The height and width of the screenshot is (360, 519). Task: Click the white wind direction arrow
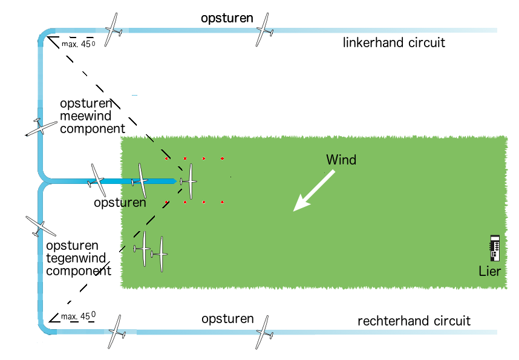click(314, 191)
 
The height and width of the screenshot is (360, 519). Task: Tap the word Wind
click(341, 160)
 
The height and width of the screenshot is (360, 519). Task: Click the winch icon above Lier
click(495, 248)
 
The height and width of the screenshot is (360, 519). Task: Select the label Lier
click(489, 271)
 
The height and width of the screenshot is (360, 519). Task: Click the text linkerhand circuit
click(394, 43)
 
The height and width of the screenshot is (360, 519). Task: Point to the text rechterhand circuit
click(414, 321)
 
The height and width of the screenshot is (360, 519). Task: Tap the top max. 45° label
click(79, 44)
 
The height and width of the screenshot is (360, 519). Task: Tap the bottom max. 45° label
click(79, 316)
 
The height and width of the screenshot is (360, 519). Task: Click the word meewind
click(85, 116)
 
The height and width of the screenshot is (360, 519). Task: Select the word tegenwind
click(76, 258)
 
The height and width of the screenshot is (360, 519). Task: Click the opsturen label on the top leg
click(227, 18)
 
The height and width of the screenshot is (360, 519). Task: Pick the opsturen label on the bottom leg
click(227, 319)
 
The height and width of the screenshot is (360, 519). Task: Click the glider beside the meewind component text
click(41, 127)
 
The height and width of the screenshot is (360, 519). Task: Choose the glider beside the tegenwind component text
click(41, 226)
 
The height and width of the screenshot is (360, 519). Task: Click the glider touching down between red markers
click(189, 181)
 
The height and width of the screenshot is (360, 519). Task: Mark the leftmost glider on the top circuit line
click(113, 30)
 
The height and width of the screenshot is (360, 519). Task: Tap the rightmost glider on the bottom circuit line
click(264, 332)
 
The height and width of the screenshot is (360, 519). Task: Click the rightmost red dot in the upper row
click(223, 159)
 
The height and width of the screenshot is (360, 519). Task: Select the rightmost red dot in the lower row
click(223, 202)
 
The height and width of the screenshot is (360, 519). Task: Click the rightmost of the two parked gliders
click(160, 254)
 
